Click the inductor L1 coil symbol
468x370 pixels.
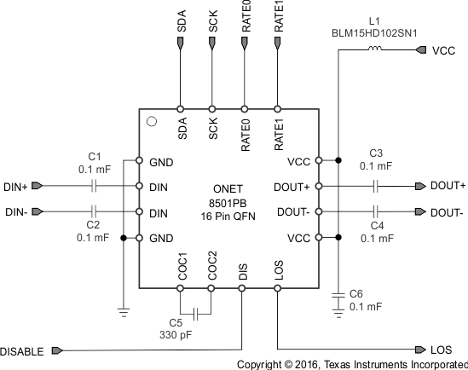pyautogui.click(x=374, y=50)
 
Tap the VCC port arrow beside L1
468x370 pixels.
pyautogui.click(x=420, y=50)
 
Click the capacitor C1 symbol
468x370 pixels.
pyautogui.click(x=95, y=186)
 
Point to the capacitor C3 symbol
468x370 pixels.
pyautogui.click(x=375, y=186)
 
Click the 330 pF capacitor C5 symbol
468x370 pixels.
pyautogui.click(x=196, y=313)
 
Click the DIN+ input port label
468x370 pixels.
pyautogui.click(x=16, y=186)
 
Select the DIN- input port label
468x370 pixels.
pyautogui.click(x=16, y=212)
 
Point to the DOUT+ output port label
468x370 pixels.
pyautogui.click(x=448, y=186)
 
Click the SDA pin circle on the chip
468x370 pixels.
pyautogui.click(x=181, y=109)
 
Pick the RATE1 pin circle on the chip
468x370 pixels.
pyautogui.click(x=278, y=109)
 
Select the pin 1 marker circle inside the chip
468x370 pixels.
pyautogui.click(x=152, y=121)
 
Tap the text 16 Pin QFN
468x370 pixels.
pyautogui.click(x=229, y=217)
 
